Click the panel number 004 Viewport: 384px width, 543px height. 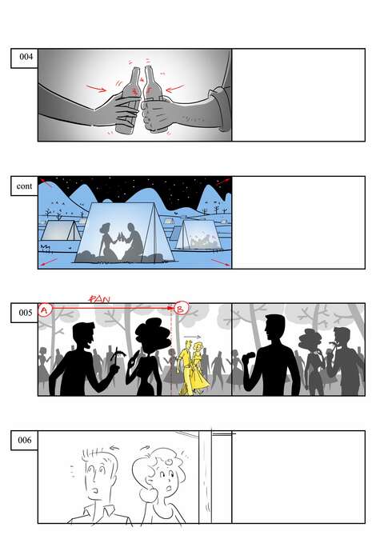tap(26, 57)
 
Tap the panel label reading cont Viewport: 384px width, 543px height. tap(24, 186)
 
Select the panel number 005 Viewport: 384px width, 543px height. tap(26, 313)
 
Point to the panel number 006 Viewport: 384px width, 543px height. tap(25, 440)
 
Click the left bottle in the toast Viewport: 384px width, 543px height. tap(129, 102)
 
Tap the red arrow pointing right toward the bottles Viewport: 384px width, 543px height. tap(96, 88)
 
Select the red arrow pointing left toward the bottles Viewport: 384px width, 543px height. tap(175, 89)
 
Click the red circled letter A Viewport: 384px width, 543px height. tap(45, 309)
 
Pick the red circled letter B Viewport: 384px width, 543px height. tap(182, 308)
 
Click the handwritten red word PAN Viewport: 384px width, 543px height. tap(99, 298)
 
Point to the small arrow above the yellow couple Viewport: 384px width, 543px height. tap(192, 337)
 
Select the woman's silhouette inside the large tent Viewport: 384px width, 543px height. tap(106, 241)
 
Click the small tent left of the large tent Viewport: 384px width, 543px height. tap(61, 230)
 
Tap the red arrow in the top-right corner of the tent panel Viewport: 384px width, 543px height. tap(223, 182)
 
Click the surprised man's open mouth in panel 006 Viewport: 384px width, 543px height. tap(95, 491)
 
